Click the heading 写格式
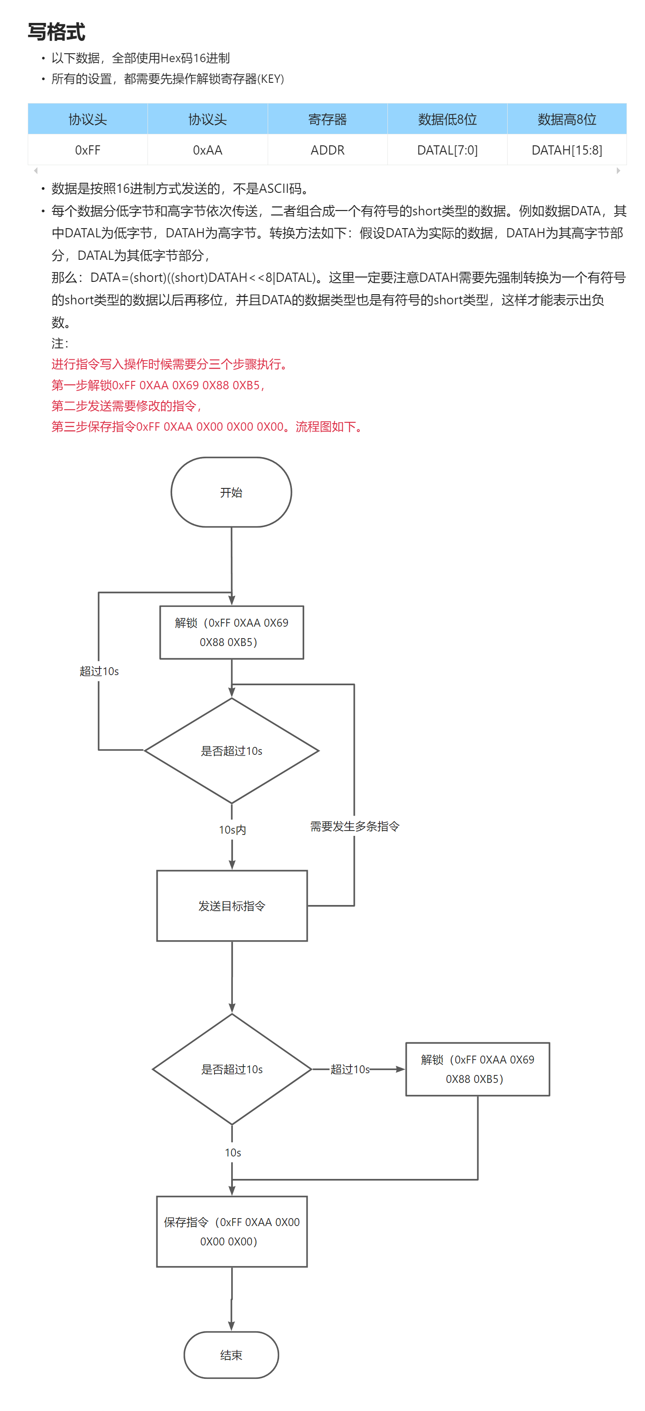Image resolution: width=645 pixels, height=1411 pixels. (x=56, y=32)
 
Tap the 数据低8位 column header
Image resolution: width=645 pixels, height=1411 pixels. (x=447, y=119)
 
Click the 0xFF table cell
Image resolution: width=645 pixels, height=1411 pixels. (x=88, y=150)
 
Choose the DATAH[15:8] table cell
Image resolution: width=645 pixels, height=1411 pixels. (x=566, y=150)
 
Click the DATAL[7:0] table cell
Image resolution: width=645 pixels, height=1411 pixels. (x=447, y=150)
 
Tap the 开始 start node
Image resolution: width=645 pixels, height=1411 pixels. (x=231, y=492)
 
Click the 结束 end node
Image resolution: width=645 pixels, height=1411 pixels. (x=231, y=1355)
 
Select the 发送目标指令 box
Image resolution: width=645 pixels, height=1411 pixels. (x=232, y=906)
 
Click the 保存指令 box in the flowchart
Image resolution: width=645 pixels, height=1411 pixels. (x=232, y=1231)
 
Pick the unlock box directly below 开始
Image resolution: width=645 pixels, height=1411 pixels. (x=232, y=632)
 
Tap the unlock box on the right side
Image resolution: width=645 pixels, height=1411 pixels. (x=477, y=1069)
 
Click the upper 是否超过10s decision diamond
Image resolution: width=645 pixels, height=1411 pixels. (x=232, y=751)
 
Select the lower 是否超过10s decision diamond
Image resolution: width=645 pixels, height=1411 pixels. (x=232, y=1069)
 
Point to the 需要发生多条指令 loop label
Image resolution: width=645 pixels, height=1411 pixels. (x=355, y=826)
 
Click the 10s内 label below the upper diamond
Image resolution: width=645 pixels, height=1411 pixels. (x=232, y=830)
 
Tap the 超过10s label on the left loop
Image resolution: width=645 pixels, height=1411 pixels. (x=99, y=671)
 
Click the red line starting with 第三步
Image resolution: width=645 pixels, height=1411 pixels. (x=208, y=427)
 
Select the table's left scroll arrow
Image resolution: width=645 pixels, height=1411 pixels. (x=36, y=171)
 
